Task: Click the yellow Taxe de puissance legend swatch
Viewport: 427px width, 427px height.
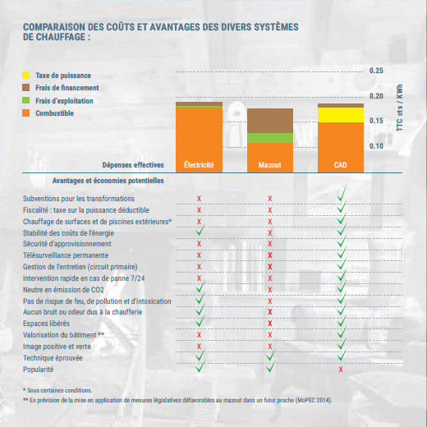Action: pyautogui.click(x=26, y=75)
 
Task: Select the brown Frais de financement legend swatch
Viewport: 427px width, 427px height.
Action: pyautogui.click(x=26, y=88)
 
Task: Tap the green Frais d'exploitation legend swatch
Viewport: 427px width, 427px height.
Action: pyautogui.click(x=26, y=100)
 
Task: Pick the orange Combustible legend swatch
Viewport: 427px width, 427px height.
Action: pyautogui.click(x=26, y=112)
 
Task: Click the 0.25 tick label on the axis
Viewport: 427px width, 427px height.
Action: pyautogui.click(x=376, y=71)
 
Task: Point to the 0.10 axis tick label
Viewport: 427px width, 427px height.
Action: pyautogui.click(x=376, y=146)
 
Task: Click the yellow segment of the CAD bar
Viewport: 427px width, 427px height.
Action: pyautogui.click(x=341, y=115)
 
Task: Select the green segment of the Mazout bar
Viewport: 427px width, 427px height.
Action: pyautogui.click(x=270, y=138)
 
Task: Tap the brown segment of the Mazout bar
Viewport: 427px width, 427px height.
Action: pyautogui.click(x=270, y=121)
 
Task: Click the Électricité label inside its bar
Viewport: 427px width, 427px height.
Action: pyautogui.click(x=199, y=165)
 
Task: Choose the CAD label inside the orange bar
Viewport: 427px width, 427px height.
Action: pyautogui.click(x=341, y=165)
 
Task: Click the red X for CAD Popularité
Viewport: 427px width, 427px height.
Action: pyautogui.click(x=341, y=370)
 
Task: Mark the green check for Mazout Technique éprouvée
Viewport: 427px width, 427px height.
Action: pyautogui.click(x=271, y=355)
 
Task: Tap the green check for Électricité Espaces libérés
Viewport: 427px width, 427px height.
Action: pyautogui.click(x=200, y=321)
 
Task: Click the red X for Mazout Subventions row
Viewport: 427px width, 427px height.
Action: pyautogui.click(x=270, y=199)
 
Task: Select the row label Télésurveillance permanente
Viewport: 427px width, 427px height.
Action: pyautogui.click(x=66, y=255)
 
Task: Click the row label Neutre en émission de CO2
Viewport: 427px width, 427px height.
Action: pyautogui.click(x=63, y=290)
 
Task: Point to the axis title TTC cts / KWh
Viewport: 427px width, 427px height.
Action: pyautogui.click(x=400, y=108)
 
